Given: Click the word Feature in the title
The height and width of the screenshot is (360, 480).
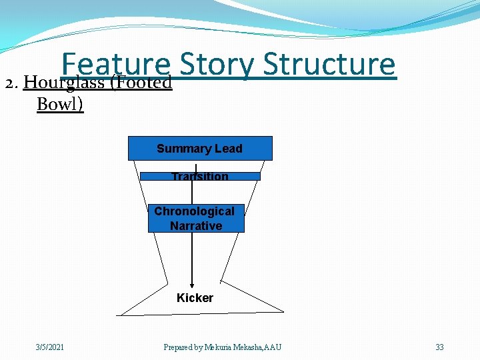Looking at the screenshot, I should (115, 65).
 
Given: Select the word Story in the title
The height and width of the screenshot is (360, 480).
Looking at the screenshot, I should (217, 65).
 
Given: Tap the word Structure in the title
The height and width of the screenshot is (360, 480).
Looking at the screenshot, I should (329, 65).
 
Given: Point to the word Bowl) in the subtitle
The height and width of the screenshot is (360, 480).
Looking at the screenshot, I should (60, 105).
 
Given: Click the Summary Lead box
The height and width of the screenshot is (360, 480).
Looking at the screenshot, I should (200, 149).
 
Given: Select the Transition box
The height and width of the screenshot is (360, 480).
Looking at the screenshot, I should (200, 177).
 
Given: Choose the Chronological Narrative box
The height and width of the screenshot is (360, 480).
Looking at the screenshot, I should (195, 218).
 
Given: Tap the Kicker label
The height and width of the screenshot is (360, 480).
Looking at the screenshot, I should (195, 298).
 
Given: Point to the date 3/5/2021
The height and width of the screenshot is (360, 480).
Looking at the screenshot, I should (50, 347).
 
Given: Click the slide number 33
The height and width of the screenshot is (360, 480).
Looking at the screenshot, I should (439, 347).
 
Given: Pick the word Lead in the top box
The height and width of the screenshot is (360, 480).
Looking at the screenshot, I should (229, 149).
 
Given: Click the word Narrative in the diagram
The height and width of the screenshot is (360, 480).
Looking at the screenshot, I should (195, 226).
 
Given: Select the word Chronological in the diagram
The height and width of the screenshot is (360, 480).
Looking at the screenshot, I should (194, 211).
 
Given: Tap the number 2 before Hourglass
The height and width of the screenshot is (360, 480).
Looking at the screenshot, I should (9, 83).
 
